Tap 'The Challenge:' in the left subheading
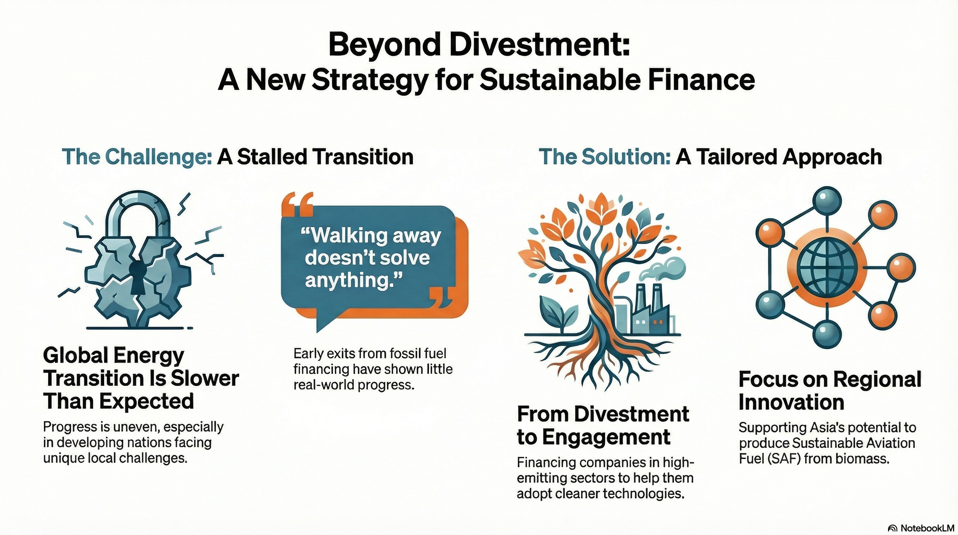pos(136,157)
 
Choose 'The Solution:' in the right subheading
pos(604,157)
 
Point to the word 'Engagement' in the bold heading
pos(606,437)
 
